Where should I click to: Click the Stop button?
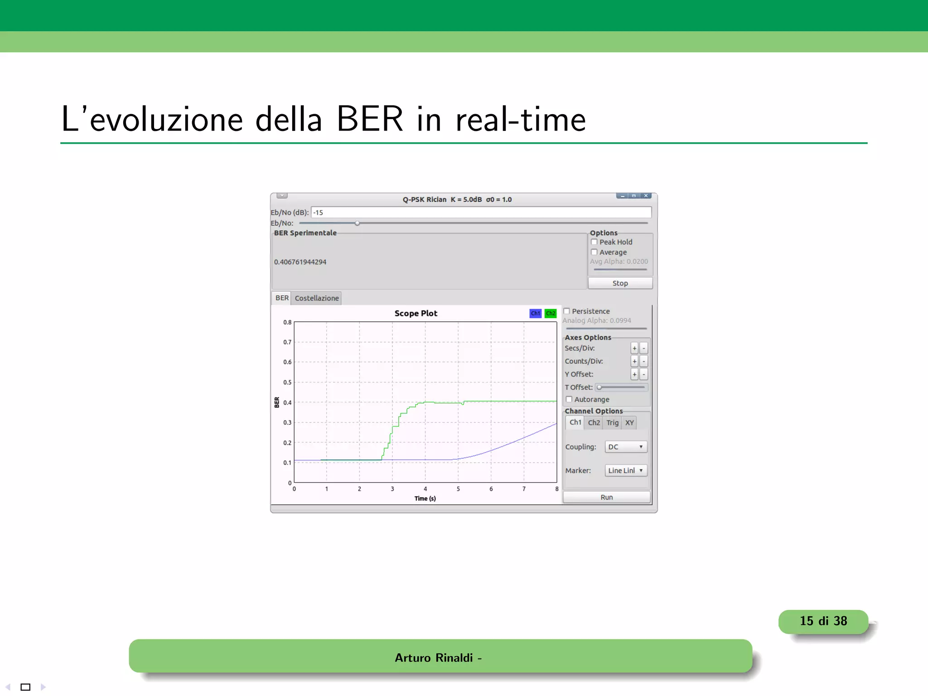620,283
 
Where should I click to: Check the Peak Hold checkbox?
594,242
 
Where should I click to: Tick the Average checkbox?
594,252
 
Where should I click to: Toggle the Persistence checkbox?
567,311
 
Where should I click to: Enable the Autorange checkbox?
569,399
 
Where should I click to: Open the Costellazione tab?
317,298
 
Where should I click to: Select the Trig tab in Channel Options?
612,423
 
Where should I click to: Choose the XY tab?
629,423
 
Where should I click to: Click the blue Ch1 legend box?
536,313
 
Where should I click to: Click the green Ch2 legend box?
551,313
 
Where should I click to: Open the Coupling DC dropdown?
626,447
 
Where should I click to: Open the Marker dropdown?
626,471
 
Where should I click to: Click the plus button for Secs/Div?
634,348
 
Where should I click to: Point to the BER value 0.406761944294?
300,262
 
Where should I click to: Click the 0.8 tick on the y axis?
287,322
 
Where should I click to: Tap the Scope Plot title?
416,313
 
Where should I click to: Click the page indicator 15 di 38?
823,621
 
